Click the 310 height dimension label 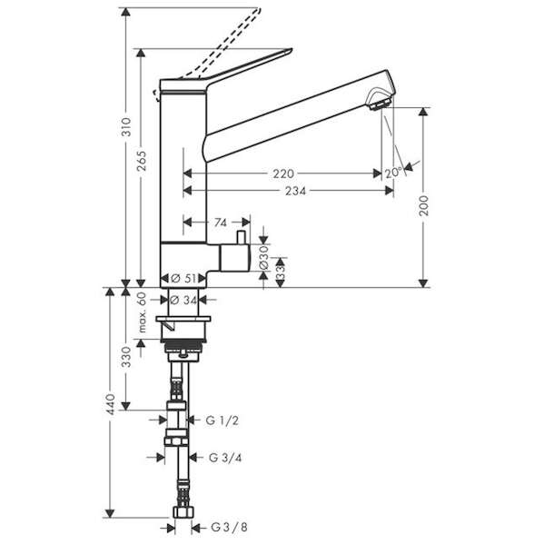click(127, 127)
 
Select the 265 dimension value click(142, 161)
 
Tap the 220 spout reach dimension click(283, 173)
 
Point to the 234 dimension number click(296, 191)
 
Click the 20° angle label click(393, 173)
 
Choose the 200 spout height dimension click(423, 206)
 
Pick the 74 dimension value click(221, 223)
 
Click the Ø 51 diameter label click(183, 279)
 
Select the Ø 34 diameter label click(184, 300)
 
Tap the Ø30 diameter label click(264, 257)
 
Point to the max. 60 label click(142, 312)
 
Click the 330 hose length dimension click(127, 357)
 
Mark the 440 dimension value click(111, 404)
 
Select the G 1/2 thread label click(222, 421)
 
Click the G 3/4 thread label click(225, 458)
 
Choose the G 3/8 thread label click(229, 528)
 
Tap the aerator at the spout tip click(380, 104)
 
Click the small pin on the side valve click(241, 237)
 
